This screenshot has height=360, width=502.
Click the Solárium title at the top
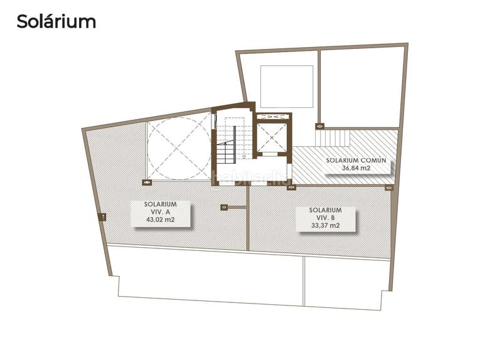56,21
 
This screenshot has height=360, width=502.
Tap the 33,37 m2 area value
325,226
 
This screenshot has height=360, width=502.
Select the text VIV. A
159,213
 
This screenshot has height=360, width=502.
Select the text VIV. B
325,218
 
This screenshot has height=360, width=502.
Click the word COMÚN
376,160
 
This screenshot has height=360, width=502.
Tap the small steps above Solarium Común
332,135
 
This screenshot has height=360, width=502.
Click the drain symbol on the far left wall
103,216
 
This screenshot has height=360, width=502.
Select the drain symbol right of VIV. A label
224,207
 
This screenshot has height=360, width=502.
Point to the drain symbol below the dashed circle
147,183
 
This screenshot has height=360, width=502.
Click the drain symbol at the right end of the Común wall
388,186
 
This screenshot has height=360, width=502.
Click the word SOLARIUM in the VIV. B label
325,210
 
